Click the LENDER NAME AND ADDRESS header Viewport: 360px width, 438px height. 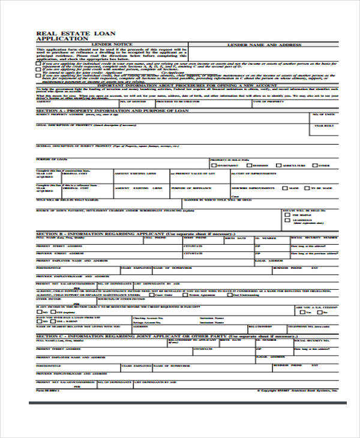pyautogui.click(x=263, y=45)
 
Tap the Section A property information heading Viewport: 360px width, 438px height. pyautogui.click(x=113, y=111)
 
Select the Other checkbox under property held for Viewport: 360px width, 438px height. pyautogui.click(x=315, y=165)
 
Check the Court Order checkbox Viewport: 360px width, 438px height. pyautogui.click(x=154, y=295)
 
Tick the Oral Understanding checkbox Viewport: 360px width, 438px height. pyautogui.click(x=230, y=295)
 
